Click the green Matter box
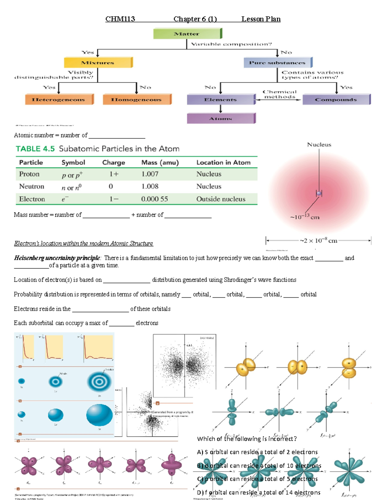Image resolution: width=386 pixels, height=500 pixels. tap(187, 33)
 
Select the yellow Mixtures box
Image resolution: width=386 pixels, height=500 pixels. tap(98, 62)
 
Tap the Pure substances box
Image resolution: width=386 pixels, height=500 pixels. tap(277, 62)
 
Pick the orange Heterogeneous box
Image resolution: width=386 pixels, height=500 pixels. tap(59, 99)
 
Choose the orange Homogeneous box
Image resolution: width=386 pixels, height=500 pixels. tap(136, 99)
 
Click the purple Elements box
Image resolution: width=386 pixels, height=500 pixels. tap(221, 99)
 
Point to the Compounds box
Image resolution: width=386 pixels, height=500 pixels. tap(336, 99)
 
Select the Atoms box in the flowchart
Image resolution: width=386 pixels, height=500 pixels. tap(221, 118)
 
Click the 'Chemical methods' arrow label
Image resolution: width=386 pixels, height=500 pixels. tap(280, 94)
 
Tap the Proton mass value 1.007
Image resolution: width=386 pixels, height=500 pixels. tap(150, 174)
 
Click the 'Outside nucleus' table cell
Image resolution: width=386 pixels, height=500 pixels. tap(221, 199)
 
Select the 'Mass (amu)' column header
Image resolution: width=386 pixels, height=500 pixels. tap(160, 163)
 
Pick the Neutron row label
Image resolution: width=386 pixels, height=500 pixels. tap(32, 186)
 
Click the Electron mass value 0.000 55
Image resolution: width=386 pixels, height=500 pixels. tap(154, 199)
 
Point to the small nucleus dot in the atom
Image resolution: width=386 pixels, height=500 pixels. tap(319, 193)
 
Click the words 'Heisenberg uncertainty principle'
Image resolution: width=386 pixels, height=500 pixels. tap(57, 258)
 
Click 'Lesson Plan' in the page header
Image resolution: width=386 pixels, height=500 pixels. tap(261, 19)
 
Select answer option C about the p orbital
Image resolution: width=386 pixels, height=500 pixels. tap(257, 479)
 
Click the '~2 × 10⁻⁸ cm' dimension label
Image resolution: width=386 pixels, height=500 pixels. tap(318, 241)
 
